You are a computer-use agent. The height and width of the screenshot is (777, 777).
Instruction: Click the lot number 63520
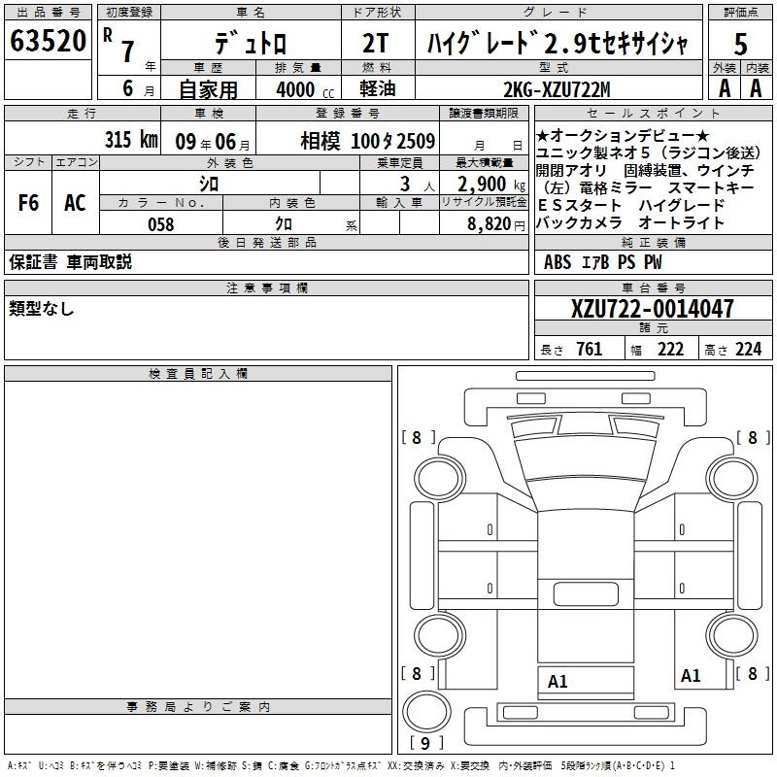click(48, 41)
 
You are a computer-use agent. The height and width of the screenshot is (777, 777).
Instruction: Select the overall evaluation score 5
click(740, 44)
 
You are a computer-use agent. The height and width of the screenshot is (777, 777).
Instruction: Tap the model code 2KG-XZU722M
click(557, 89)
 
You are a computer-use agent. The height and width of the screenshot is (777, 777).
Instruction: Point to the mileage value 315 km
click(131, 139)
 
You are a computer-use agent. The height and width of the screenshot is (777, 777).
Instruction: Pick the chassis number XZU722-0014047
click(652, 308)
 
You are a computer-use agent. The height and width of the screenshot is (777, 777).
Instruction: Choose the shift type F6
click(28, 203)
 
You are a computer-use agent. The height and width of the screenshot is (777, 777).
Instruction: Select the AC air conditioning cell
click(75, 203)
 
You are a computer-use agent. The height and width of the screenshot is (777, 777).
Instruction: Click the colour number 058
click(161, 224)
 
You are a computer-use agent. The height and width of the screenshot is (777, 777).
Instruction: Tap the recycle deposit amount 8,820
click(490, 224)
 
